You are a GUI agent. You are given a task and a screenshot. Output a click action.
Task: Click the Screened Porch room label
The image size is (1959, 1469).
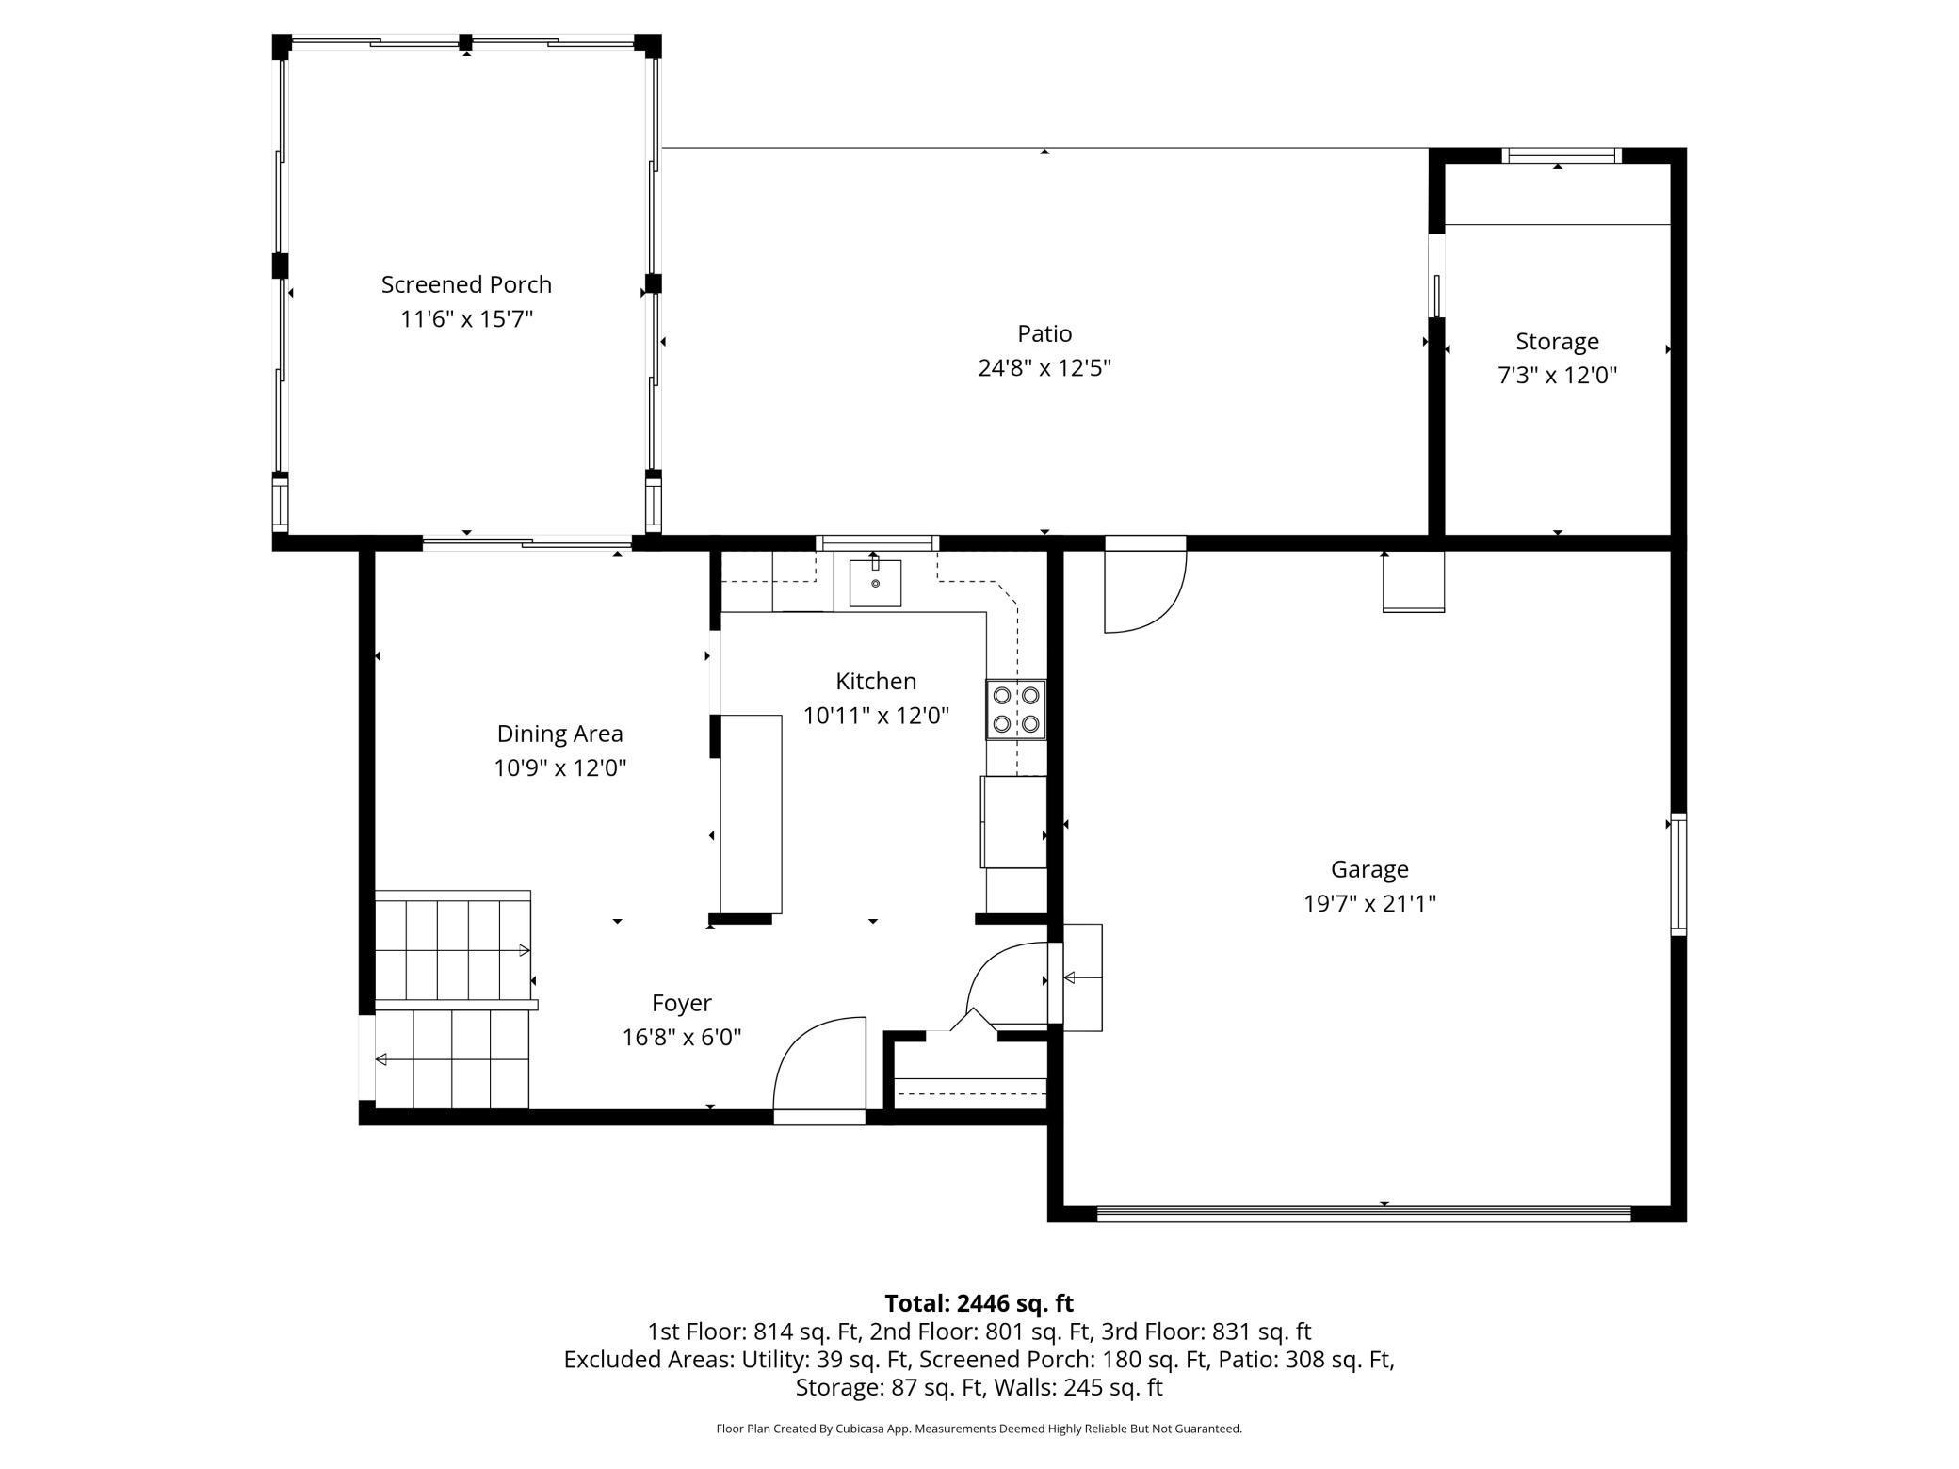(466, 284)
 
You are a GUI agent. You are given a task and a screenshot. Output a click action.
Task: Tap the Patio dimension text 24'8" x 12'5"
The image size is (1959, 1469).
(1044, 368)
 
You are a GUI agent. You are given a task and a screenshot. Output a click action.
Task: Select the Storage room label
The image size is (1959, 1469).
(1557, 341)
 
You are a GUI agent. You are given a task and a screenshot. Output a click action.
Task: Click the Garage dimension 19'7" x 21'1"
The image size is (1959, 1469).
(1368, 904)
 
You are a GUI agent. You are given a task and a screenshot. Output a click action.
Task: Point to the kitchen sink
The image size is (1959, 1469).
(875, 583)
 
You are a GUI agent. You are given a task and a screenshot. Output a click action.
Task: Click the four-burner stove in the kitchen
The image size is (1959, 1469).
(1016, 709)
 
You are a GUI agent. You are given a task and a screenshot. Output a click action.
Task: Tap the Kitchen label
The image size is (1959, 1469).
(875, 681)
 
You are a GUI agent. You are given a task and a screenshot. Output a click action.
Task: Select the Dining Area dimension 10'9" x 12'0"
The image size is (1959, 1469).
(559, 768)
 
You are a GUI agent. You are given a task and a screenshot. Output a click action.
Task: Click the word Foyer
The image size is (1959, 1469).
(681, 1003)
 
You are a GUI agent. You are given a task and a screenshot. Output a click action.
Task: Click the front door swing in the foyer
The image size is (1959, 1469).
(818, 1066)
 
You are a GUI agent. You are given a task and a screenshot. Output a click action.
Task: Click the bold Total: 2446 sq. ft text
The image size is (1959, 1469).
(979, 1303)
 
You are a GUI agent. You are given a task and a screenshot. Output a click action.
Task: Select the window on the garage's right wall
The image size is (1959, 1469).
(1678, 874)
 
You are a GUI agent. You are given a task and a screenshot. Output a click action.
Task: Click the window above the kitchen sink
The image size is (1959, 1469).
(877, 542)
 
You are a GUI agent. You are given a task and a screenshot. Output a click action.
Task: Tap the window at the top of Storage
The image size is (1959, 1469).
(1560, 156)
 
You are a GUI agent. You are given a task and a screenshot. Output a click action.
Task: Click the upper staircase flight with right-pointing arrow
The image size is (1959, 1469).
(452, 949)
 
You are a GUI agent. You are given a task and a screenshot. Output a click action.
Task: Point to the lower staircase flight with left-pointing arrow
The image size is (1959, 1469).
(452, 1059)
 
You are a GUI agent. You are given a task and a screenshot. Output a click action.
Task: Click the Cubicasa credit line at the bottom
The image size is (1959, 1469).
(979, 1429)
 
